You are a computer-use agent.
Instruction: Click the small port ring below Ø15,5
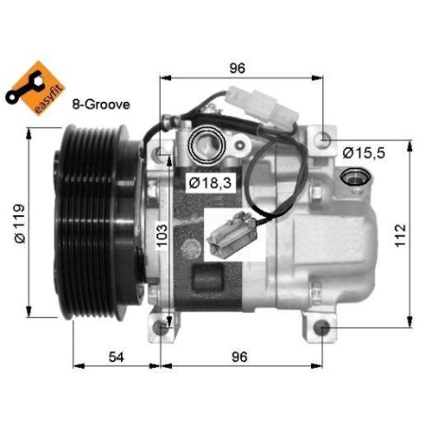click(353, 178)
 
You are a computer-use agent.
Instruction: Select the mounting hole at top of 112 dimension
click(322, 138)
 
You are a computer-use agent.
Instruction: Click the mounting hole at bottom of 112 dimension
click(321, 328)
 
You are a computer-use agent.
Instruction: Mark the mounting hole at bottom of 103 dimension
click(162, 328)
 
